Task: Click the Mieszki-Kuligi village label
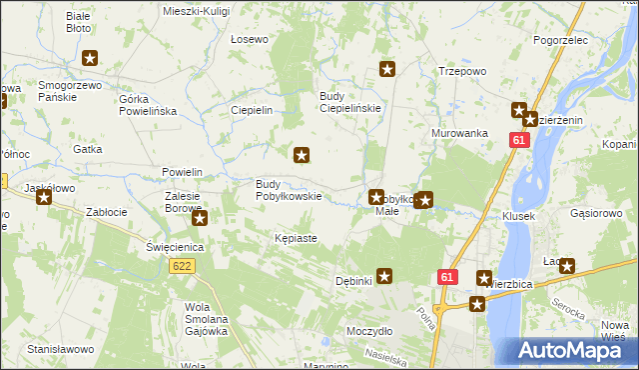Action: (196, 10)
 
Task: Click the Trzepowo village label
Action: (462, 72)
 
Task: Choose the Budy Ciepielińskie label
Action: (350, 102)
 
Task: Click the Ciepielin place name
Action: (252, 111)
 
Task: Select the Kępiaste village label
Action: (296, 239)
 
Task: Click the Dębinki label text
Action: (353, 281)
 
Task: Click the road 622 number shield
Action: (182, 266)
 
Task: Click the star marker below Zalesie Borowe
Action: (200, 218)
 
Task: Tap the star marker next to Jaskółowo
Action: (44, 197)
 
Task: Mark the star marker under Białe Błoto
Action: (91, 59)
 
